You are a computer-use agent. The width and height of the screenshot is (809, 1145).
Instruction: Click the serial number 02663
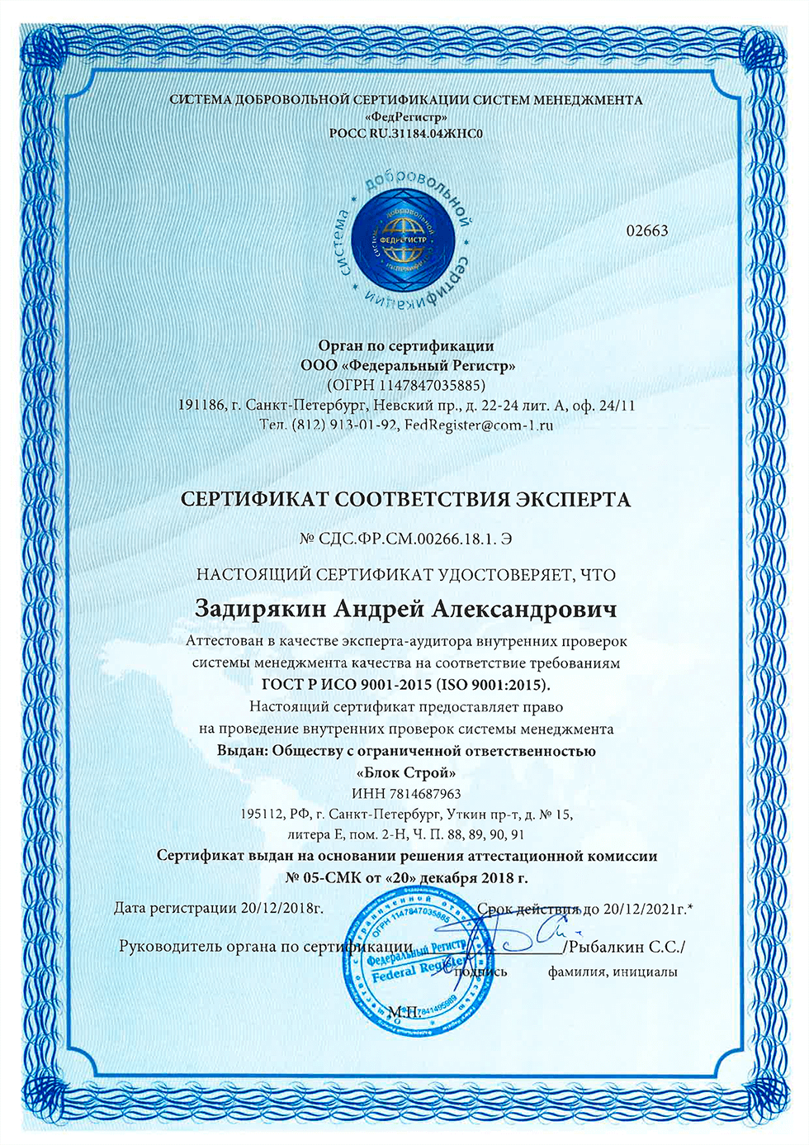pyautogui.click(x=647, y=230)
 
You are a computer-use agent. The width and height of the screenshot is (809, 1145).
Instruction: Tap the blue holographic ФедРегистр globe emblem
pyautogui.click(x=404, y=240)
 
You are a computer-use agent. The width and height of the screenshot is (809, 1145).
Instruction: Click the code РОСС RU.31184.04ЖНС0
pyautogui.click(x=404, y=132)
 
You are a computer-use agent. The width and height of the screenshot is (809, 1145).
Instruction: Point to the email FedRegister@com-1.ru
pyautogui.click(x=479, y=425)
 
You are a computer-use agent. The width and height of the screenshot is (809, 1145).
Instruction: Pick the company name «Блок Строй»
pyautogui.click(x=405, y=773)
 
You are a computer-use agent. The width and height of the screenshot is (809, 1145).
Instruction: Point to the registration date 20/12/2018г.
pyautogui.click(x=281, y=908)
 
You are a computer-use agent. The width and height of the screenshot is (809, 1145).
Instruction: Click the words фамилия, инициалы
pyautogui.click(x=613, y=972)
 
